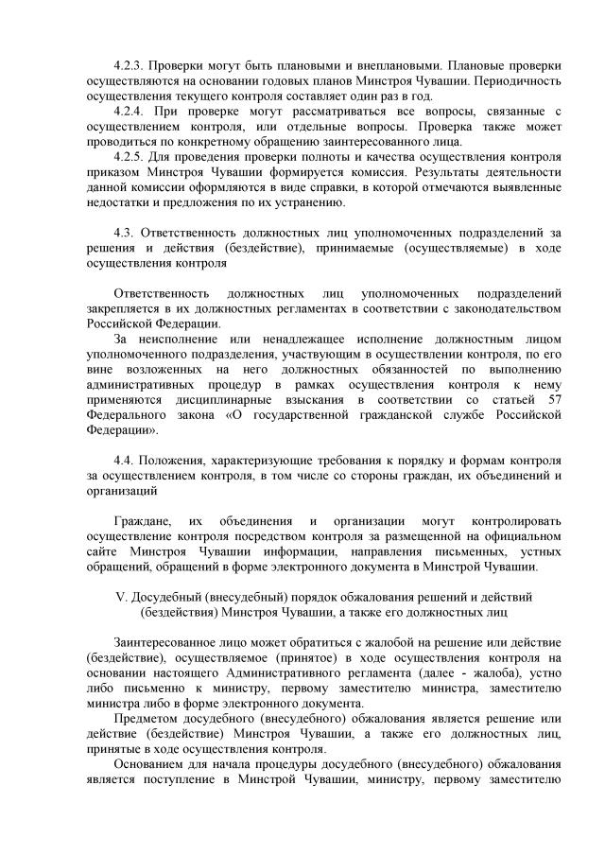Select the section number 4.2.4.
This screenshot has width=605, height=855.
point(129,112)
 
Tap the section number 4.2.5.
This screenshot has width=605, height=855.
point(129,157)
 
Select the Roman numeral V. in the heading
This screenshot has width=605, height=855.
point(119,597)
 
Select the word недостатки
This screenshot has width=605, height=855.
point(114,202)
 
